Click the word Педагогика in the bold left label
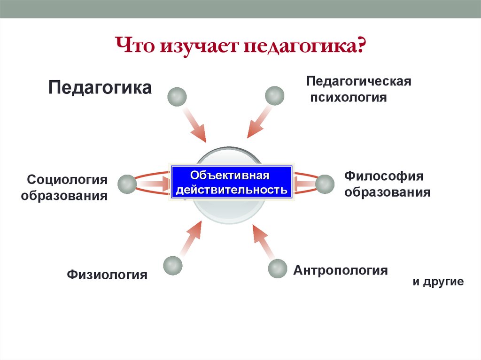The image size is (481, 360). [x=100, y=88]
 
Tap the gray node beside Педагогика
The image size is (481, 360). [x=177, y=97]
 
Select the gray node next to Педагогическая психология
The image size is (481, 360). [x=274, y=96]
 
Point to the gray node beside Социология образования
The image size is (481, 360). [x=127, y=184]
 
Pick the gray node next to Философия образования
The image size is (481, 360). [x=324, y=184]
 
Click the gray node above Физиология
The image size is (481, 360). [x=173, y=265]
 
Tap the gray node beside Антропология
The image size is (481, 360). [x=277, y=269]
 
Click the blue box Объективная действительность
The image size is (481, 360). [x=231, y=183]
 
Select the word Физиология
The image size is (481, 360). [x=107, y=274]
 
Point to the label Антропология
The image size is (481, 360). [x=341, y=270]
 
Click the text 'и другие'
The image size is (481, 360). [x=438, y=282]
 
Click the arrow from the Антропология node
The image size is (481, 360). [x=263, y=242]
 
